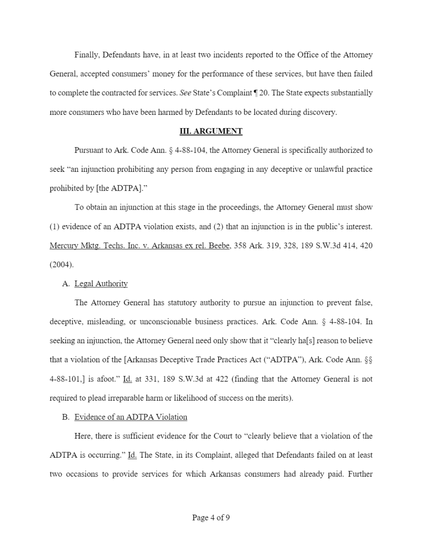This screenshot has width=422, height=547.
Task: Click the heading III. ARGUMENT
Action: coord(211,131)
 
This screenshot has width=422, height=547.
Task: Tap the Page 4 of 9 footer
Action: coord(211,517)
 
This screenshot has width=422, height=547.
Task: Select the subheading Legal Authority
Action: coord(101,284)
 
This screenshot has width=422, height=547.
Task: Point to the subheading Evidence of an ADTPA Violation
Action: coord(131,417)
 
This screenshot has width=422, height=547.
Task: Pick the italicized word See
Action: coord(185,93)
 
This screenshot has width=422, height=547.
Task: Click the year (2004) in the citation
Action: coord(61,264)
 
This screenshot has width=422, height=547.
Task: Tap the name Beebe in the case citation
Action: coord(219,246)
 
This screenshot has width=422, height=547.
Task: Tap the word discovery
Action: coord(321,112)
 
